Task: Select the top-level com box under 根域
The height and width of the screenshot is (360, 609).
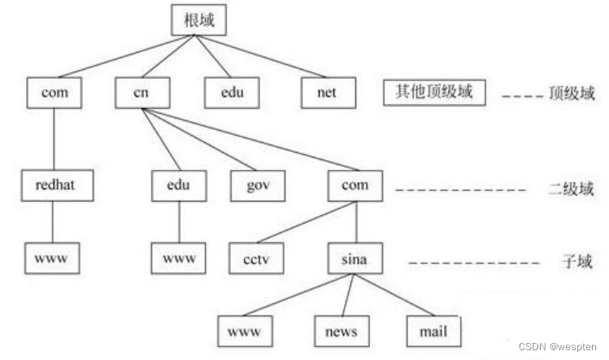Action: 54,93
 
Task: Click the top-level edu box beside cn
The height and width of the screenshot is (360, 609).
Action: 231,93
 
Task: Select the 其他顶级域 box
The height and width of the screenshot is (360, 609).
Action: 434,93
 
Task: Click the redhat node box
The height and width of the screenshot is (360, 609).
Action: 54,186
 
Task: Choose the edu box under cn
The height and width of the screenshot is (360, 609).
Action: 178,186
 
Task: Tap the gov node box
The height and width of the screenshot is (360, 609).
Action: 258,186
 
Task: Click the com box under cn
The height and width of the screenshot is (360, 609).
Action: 355,186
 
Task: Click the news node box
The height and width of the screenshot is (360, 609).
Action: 341,330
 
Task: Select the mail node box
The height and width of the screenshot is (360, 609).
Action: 433,330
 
